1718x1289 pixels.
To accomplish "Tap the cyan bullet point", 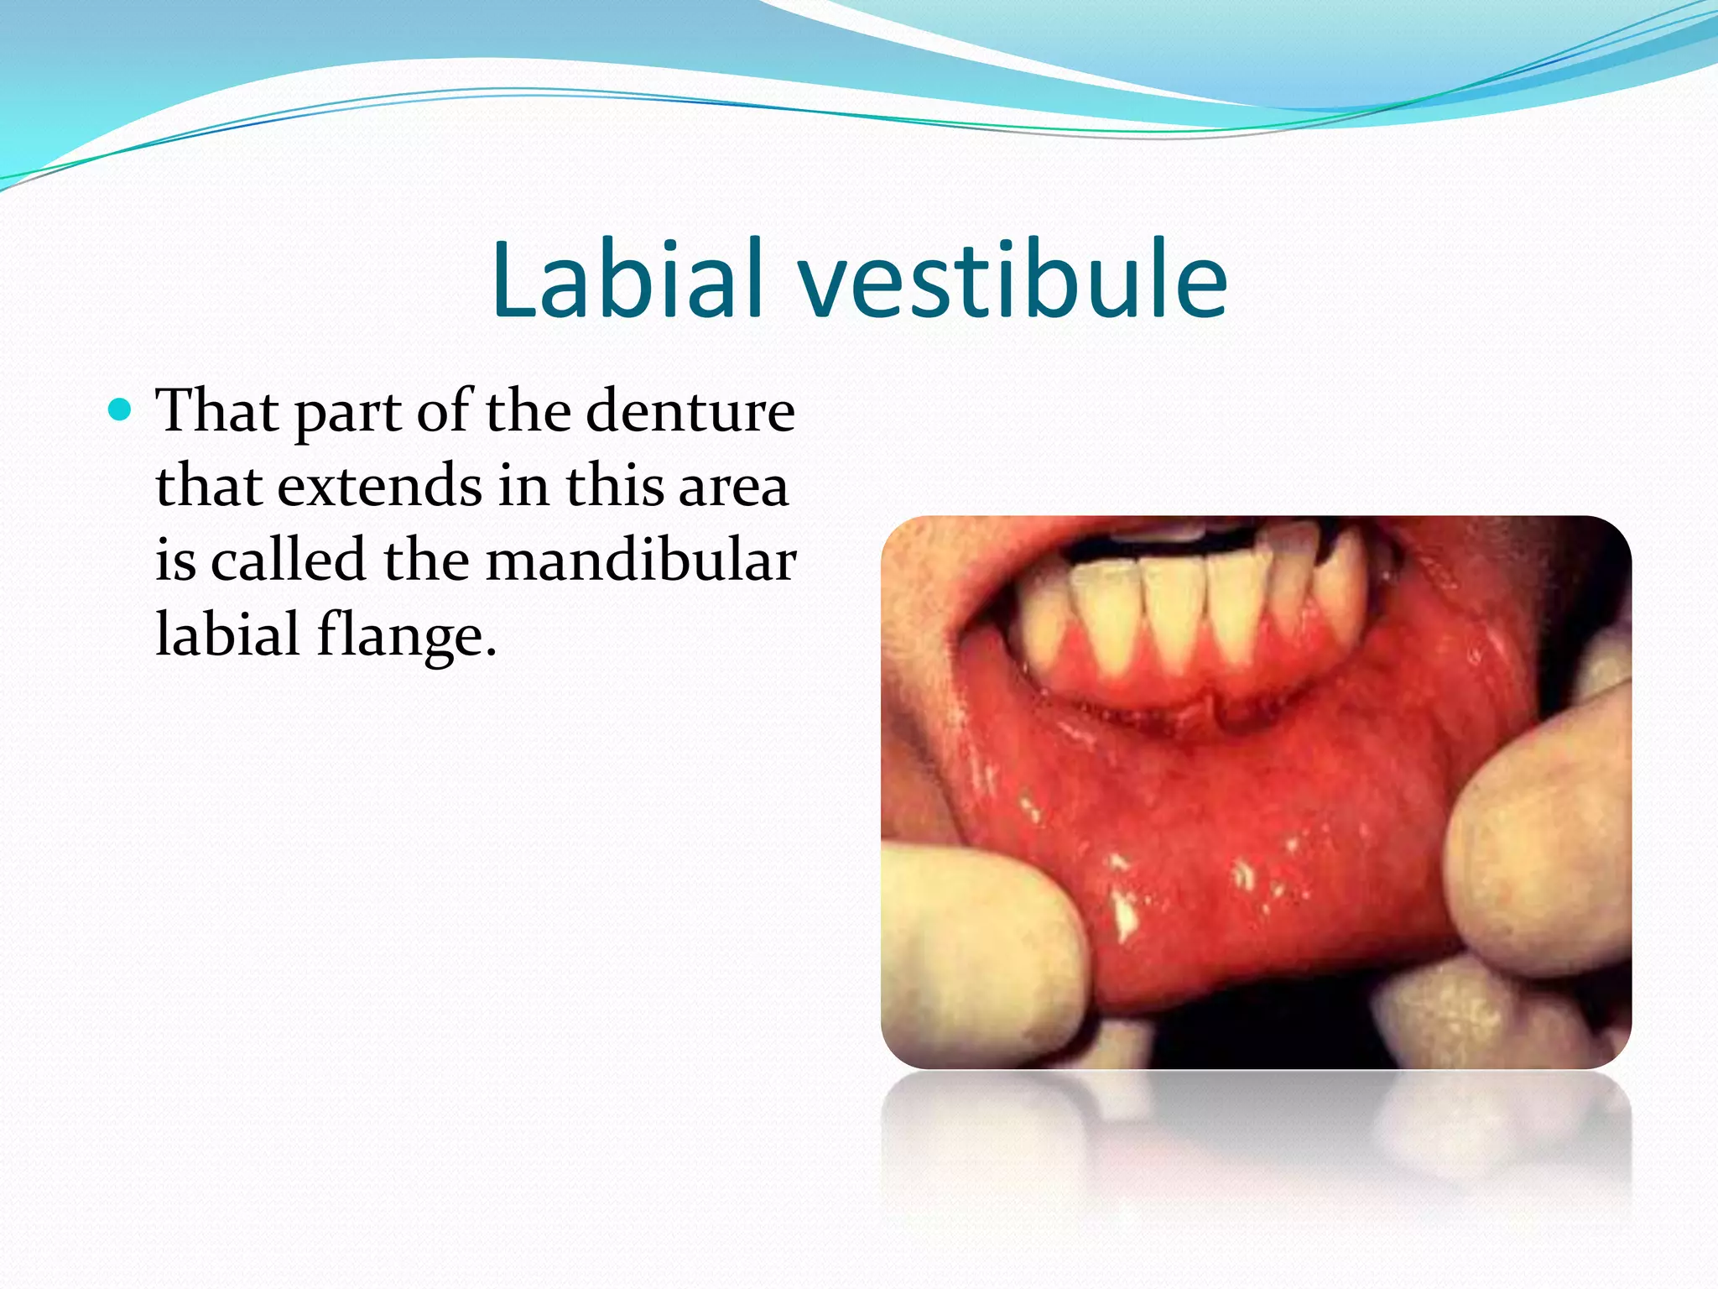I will [121, 410].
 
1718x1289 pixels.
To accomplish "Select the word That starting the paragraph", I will [218, 410].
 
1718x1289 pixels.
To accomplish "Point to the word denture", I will [690, 410].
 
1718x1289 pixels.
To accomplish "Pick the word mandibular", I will [641, 560].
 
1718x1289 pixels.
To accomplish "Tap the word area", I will [733, 486].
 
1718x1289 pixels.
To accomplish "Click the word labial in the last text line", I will [228, 634].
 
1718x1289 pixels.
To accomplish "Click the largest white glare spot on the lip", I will [1122, 915].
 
